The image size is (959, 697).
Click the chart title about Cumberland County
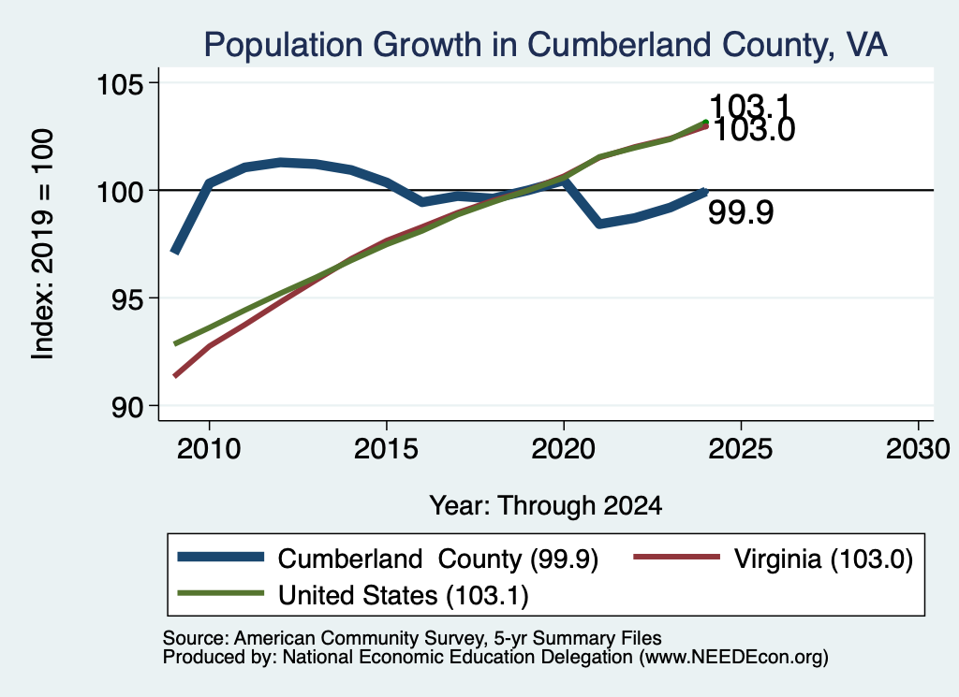coord(546,45)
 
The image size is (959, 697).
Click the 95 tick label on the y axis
coord(127,298)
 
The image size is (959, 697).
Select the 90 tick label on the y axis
coord(127,407)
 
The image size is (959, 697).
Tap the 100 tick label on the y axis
coord(120,191)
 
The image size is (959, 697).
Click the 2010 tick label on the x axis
coord(209,450)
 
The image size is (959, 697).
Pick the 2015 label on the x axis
coord(386,450)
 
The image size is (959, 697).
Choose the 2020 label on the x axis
coord(563,450)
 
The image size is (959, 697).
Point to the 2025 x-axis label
coord(740,450)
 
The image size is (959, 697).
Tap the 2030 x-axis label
coord(918,450)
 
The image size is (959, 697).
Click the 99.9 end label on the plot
coord(741,212)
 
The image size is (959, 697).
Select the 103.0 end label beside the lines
coord(754,130)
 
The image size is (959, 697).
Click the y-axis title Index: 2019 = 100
coord(43,244)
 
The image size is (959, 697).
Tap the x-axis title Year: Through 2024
coord(546,506)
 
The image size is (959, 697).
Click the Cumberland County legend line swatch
coord(221,557)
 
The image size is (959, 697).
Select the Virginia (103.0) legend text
coord(823,559)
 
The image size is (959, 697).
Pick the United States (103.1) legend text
coord(403,596)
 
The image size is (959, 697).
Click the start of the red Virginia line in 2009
coord(175,376)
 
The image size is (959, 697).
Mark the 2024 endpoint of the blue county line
coord(705,192)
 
